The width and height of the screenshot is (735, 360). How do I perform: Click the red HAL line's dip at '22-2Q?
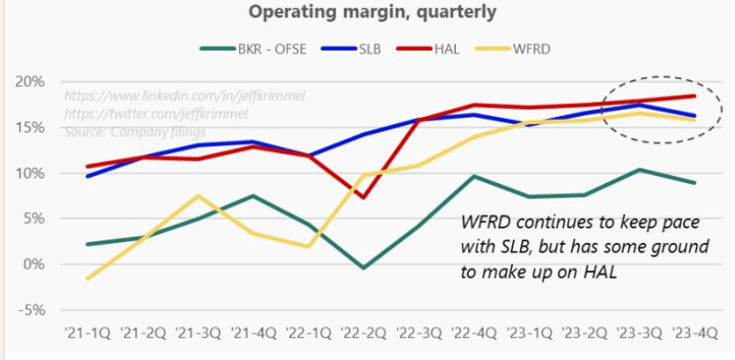[363, 197]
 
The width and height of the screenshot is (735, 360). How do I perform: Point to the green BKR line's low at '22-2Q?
[363, 268]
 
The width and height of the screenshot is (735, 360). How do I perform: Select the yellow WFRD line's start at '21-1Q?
[87, 278]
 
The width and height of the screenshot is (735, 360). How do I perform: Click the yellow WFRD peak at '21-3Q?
[198, 196]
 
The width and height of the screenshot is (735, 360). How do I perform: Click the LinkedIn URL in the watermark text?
[154, 94]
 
